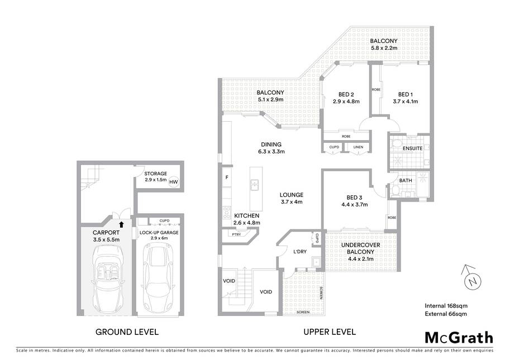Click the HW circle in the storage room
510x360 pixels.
[174, 182]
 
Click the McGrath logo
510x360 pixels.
[459, 338]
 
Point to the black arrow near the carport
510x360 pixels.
[122, 224]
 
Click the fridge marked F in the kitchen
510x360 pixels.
[227, 177]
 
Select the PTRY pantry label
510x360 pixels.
[236, 234]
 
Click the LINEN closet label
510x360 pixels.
[358, 147]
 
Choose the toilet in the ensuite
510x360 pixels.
[395, 143]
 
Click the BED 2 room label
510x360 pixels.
[346, 94]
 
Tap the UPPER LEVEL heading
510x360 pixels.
[330, 332]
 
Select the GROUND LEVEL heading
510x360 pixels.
[127, 332]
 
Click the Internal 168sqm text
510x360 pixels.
[446, 306]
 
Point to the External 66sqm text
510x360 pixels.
[446, 314]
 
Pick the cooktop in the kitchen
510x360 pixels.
[227, 212]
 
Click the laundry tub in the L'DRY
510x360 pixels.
[316, 262]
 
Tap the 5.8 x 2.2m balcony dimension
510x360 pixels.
[384, 48]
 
